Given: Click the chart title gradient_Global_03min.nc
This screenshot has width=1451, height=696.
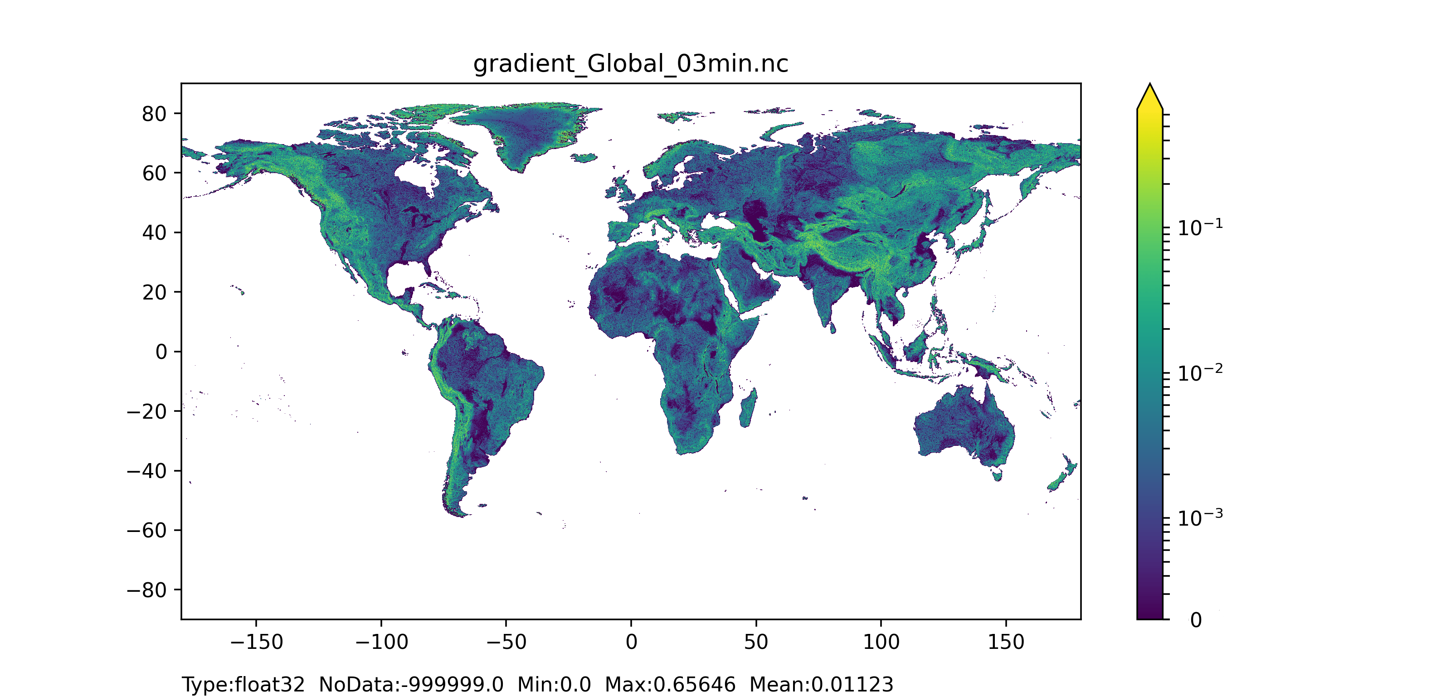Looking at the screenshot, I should tap(630, 63).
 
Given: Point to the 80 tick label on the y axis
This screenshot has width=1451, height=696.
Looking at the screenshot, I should tap(154, 114).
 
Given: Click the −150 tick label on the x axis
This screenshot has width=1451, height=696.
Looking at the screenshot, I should tap(256, 642).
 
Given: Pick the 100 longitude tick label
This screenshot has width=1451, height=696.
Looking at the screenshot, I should tap(881, 642).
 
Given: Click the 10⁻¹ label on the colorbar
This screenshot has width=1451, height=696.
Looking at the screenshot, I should tap(1200, 227).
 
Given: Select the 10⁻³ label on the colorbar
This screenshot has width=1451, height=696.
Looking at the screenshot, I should tap(1200, 517).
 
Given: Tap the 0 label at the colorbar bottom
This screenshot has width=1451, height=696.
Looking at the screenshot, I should tap(1196, 620).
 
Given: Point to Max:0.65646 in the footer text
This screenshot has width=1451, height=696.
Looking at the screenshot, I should tap(670, 685).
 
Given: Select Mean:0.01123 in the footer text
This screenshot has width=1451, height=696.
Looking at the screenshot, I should tap(821, 685).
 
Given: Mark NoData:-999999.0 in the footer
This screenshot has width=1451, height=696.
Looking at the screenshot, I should tap(411, 685).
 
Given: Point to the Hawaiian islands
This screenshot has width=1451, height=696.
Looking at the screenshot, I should tap(240, 290).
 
